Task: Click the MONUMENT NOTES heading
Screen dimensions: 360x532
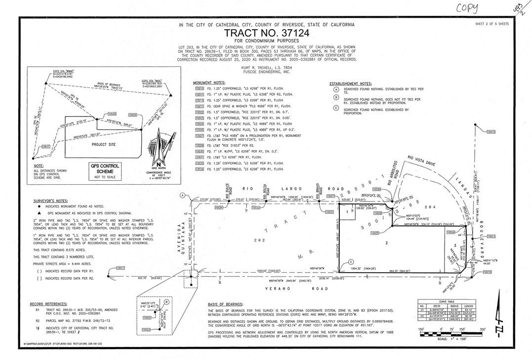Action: click(x=210, y=82)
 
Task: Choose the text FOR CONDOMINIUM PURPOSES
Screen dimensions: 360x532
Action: click(x=267, y=41)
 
